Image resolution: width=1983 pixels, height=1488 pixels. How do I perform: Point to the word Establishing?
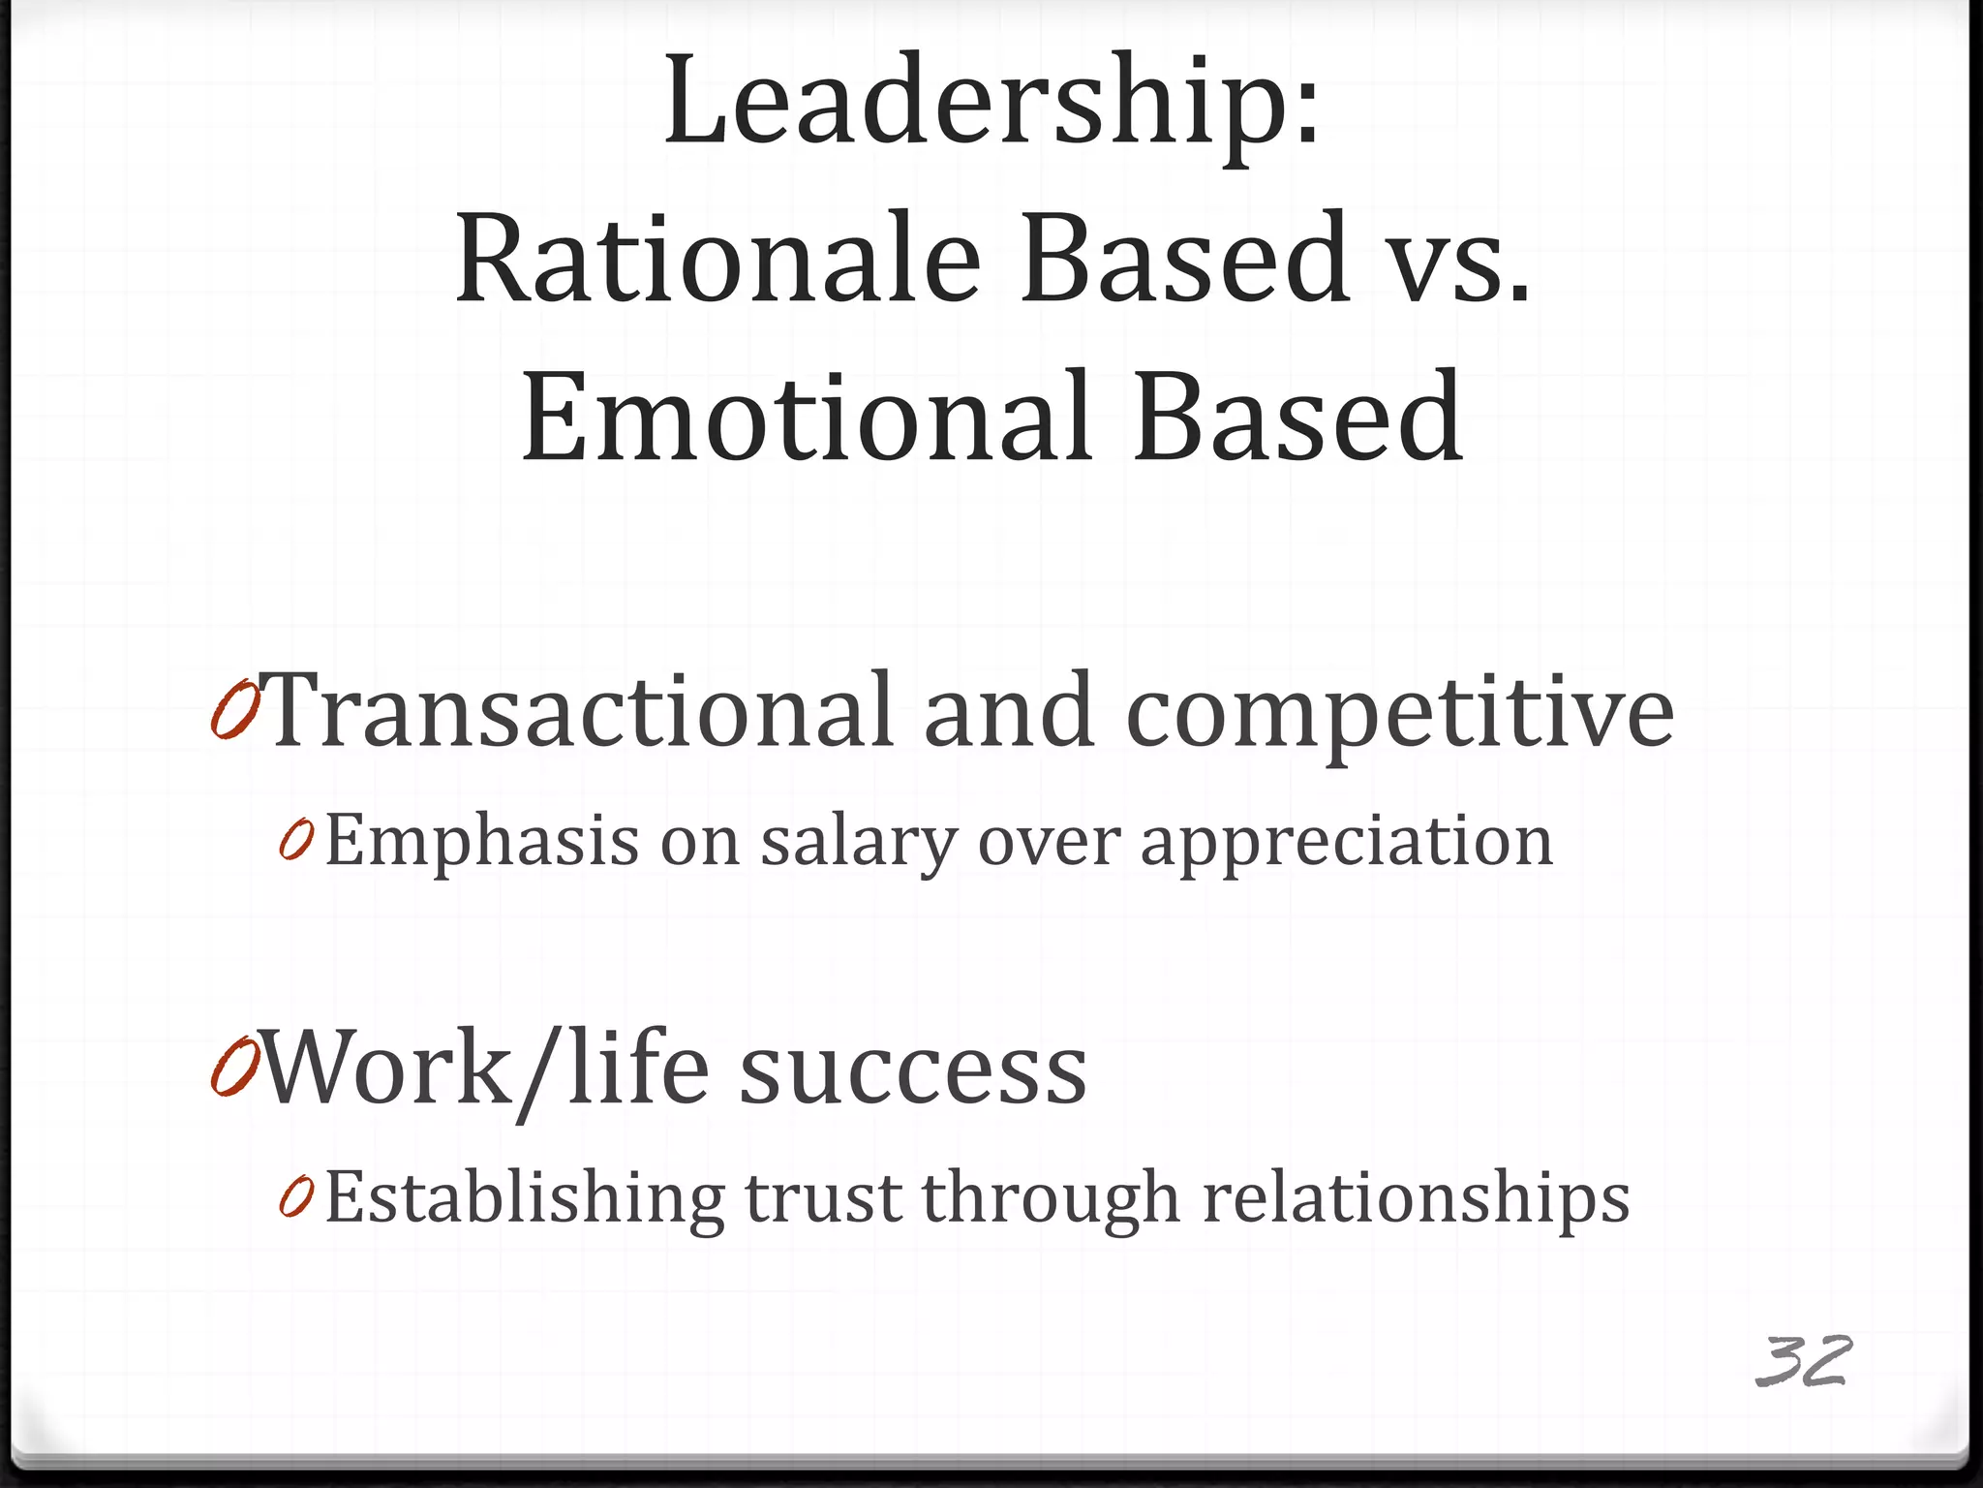[x=524, y=1199]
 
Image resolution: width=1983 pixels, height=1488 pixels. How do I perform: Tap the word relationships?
[x=1416, y=1199]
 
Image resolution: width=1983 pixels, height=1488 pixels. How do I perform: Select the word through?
[x=1051, y=1199]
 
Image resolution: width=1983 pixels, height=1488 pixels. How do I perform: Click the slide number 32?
[x=1802, y=1361]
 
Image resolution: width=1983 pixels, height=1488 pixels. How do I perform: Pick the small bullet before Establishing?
[x=296, y=1197]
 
